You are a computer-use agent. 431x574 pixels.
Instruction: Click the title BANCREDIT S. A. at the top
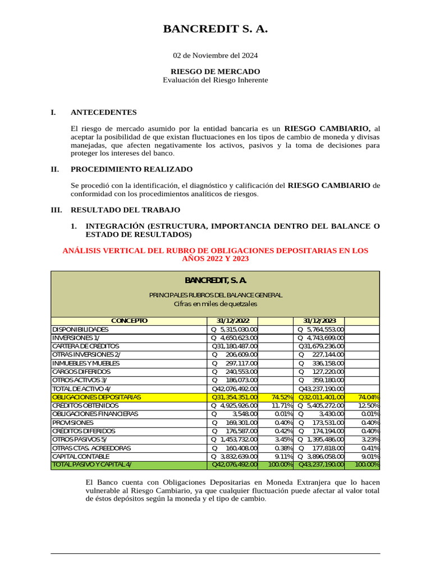215,29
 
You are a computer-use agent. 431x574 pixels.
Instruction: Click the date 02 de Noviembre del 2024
215,55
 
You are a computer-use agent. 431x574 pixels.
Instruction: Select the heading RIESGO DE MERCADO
215,71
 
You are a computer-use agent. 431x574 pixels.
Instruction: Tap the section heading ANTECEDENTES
103,112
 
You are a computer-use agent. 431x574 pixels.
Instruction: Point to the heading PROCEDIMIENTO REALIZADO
131,169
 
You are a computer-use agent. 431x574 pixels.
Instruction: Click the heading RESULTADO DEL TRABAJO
125,210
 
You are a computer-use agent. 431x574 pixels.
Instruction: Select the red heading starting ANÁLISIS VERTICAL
215,254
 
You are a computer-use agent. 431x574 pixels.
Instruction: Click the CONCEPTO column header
129,321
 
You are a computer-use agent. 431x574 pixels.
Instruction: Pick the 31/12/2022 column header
232,321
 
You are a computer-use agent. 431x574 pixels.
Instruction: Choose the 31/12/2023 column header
320,321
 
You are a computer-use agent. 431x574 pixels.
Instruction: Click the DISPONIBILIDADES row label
80,330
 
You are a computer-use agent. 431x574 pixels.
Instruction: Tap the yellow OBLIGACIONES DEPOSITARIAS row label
96,397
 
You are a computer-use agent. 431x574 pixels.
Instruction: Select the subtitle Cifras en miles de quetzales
215,303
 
